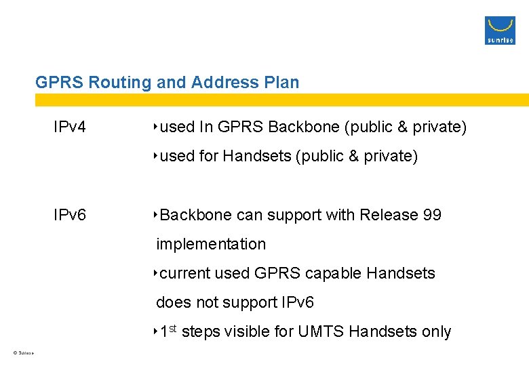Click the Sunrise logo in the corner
click(x=500, y=30)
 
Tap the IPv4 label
click(x=71, y=127)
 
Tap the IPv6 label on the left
click(x=71, y=216)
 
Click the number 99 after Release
click(x=432, y=216)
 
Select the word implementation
click(x=211, y=244)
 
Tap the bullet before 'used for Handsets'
click(x=155, y=156)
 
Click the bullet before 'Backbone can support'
click(x=155, y=215)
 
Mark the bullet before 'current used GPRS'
click(x=155, y=273)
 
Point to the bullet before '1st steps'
click(x=155, y=331)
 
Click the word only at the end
click(x=436, y=332)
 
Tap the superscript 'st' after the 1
click(x=173, y=328)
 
